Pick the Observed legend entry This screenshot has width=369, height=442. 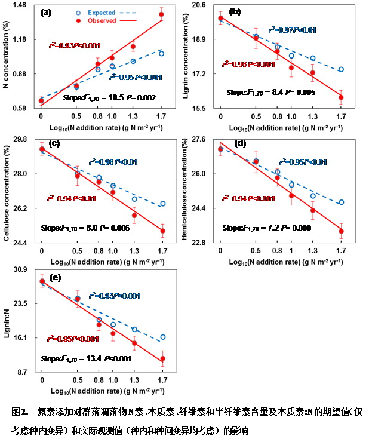(102, 21)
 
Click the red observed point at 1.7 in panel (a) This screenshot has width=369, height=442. (162, 14)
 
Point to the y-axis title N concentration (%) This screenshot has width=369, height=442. (7, 57)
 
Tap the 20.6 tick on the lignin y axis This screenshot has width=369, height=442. (199, 5)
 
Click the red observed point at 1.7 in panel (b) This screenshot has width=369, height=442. (341, 97)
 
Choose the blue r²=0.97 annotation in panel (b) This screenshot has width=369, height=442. (292, 30)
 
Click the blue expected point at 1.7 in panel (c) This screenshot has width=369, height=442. (163, 204)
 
